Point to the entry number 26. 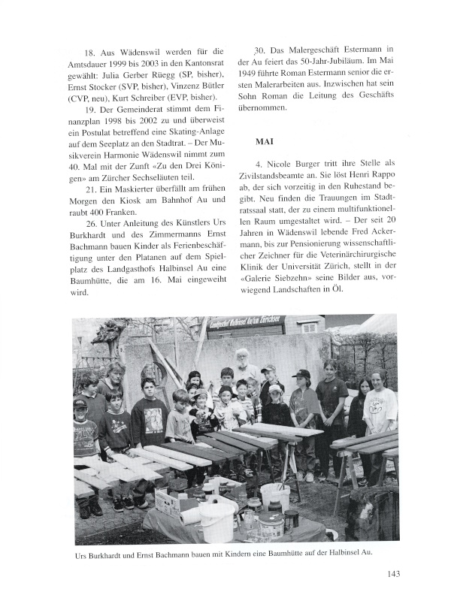[x=92, y=224]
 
